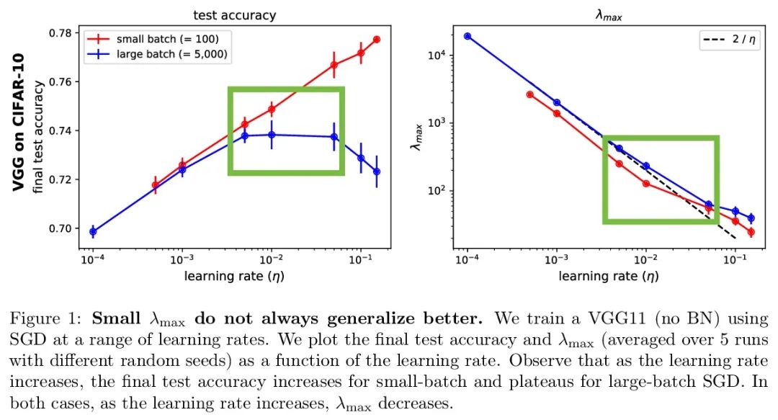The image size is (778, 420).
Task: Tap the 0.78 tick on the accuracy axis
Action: pyautogui.click(x=63, y=33)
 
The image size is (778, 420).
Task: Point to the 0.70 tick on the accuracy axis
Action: pyautogui.click(x=63, y=228)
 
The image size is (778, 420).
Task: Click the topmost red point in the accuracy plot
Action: pyautogui.click(x=377, y=39)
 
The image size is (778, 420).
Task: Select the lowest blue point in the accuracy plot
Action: pyautogui.click(x=93, y=231)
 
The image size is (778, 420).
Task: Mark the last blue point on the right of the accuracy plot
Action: pyautogui.click(x=377, y=171)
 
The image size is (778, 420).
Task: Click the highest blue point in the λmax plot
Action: pyautogui.click(x=468, y=36)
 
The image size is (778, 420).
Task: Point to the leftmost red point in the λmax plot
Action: pyautogui.click(x=530, y=94)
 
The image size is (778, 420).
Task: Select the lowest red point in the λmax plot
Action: pyautogui.click(x=751, y=232)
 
